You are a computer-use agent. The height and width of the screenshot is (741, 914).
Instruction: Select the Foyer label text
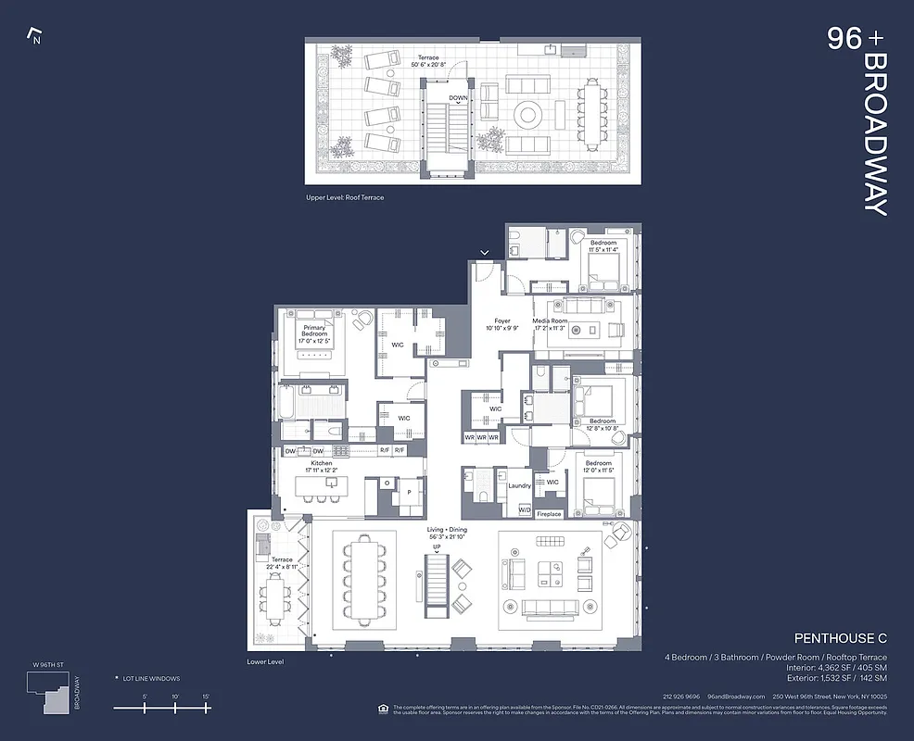pos(501,321)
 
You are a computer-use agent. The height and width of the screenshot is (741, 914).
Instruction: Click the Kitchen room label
pos(321,463)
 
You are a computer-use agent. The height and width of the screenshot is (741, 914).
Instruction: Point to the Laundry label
pos(519,485)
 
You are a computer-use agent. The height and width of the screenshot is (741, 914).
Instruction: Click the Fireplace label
pos(549,514)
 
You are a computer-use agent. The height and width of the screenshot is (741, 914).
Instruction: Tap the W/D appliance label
pos(524,509)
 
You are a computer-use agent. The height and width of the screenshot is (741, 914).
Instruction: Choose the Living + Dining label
pos(448,530)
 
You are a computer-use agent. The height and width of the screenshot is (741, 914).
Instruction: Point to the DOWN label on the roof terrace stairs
pos(458,97)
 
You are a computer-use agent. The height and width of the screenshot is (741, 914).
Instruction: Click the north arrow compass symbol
pos(36,36)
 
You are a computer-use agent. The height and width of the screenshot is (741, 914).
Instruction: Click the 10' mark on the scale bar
pos(175,696)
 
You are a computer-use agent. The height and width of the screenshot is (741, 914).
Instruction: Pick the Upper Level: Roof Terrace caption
pos(344,197)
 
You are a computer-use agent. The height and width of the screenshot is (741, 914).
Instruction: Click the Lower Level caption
pos(265,662)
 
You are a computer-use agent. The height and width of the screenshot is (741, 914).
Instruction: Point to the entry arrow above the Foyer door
pos(484,251)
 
